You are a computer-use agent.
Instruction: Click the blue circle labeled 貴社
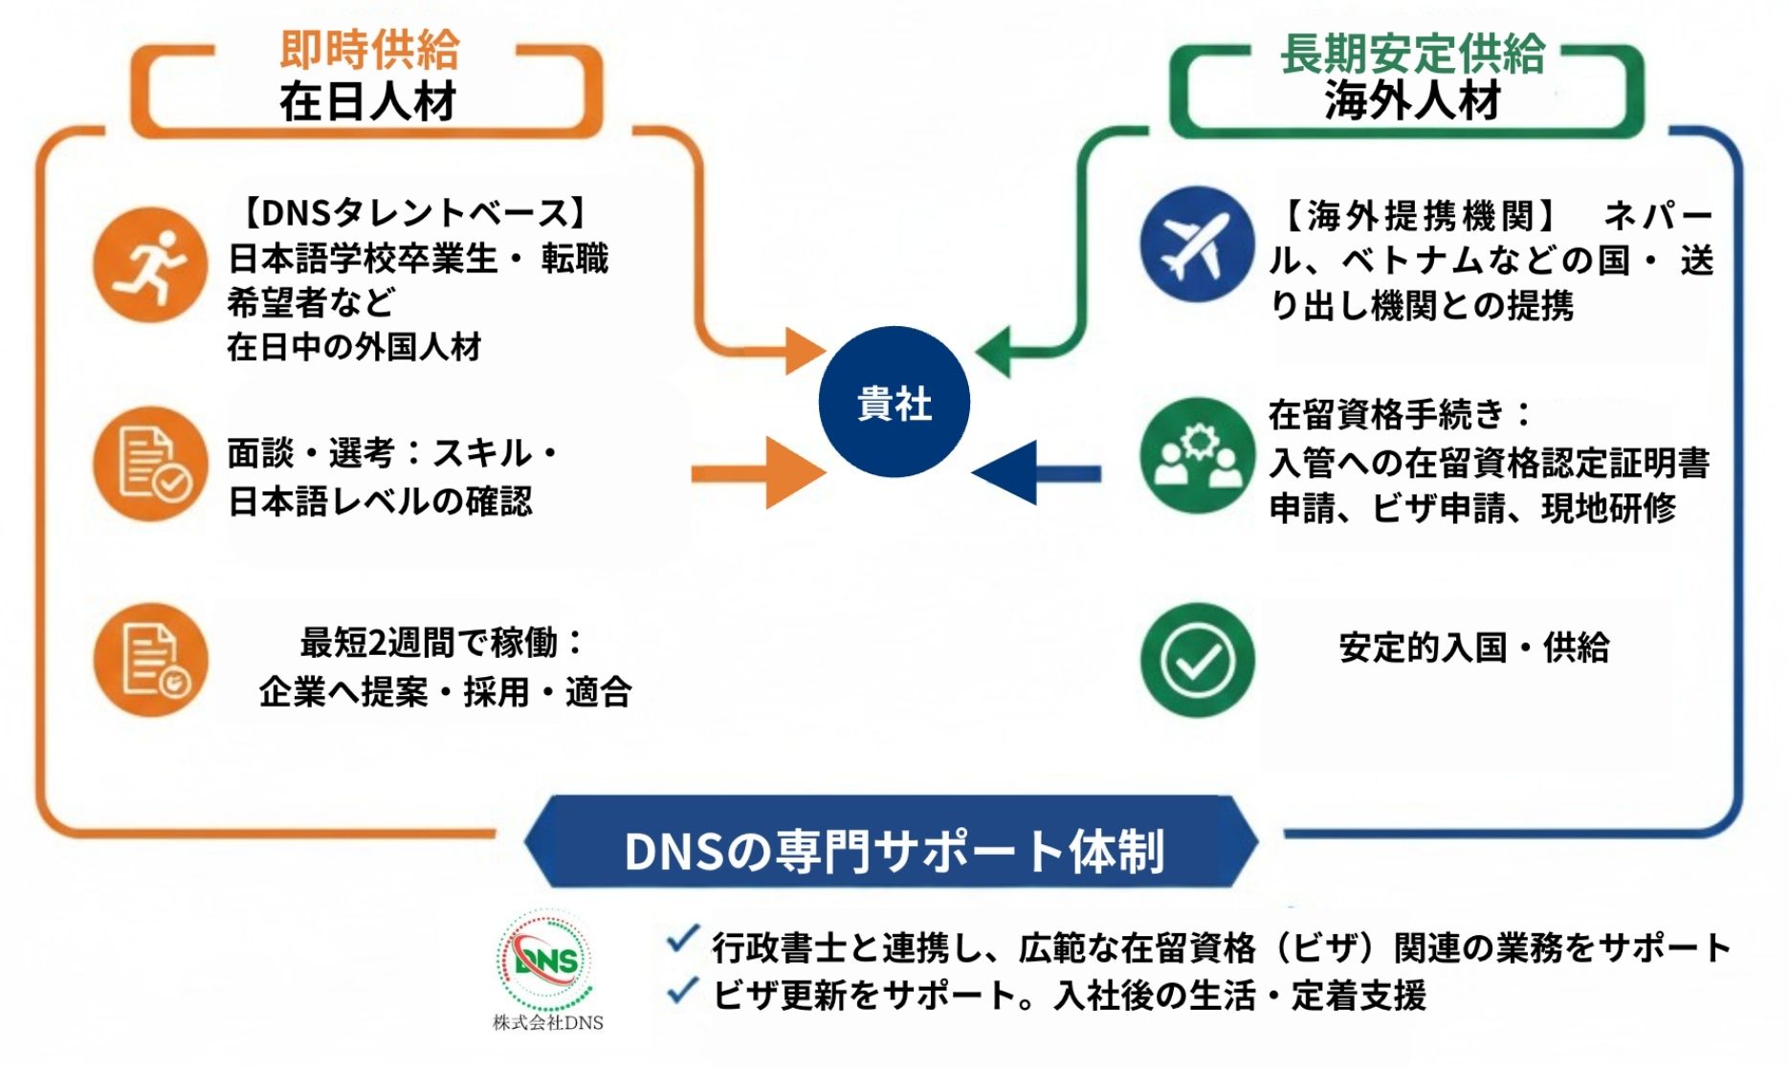[x=894, y=402]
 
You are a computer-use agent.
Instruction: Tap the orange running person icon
[x=150, y=265]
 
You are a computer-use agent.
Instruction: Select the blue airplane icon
[x=1196, y=245]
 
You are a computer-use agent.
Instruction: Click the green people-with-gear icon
[x=1197, y=455]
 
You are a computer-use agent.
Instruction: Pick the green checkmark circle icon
[x=1197, y=660]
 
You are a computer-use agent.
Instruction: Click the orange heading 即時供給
[x=369, y=50]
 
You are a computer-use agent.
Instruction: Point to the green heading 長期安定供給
[x=1412, y=53]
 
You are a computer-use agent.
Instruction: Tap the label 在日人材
[x=368, y=102]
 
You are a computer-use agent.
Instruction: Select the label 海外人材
[x=1412, y=100]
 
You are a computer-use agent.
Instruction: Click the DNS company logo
[x=545, y=960]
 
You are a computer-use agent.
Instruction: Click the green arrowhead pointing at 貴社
[x=995, y=352]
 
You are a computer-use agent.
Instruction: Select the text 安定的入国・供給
[x=1473, y=648]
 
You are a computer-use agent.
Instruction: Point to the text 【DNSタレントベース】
[x=413, y=212]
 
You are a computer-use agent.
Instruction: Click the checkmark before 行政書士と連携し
[x=682, y=941]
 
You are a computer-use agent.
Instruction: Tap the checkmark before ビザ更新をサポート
[x=682, y=991]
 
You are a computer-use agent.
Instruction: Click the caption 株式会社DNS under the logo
[x=547, y=1022]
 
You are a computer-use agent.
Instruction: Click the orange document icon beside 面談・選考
[x=150, y=464]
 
